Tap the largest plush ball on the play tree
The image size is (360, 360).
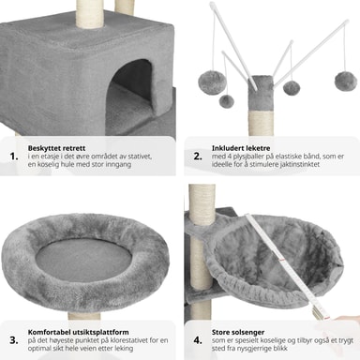[x=212, y=81]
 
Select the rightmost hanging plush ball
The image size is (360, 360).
[x=346, y=81]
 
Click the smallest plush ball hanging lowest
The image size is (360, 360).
[x=226, y=101]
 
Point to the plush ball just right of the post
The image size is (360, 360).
[x=292, y=88]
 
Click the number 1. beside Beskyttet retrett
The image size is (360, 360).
[x=14, y=157]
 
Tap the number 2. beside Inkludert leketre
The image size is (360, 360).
[x=198, y=157]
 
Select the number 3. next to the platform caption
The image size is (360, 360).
[x=14, y=340]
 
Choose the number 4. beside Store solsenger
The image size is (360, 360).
[x=198, y=340]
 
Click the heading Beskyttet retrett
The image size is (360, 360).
[x=56, y=148]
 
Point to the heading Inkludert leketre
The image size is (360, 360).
[x=241, y=148]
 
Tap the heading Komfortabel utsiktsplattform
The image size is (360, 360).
[x=78, y=332]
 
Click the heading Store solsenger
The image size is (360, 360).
[x=238, y=332]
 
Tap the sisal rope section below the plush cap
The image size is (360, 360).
[x=261, y=124]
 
